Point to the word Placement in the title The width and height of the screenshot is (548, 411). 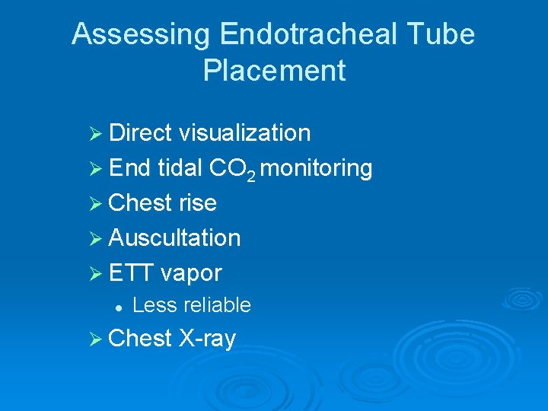274,71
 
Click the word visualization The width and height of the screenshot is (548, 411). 244,132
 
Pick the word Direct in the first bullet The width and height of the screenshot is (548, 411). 140,132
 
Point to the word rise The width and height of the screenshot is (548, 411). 198,203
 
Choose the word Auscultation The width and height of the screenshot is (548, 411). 174,238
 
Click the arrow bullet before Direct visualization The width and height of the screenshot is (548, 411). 96,133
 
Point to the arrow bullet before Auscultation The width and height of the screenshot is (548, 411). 96,238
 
